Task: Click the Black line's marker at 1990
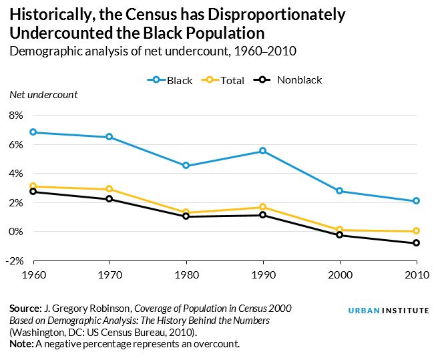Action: click(263, 151)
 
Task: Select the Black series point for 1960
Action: click(33, 132)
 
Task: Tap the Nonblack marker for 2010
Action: click(416, 243)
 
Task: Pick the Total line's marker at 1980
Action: click(186, 212)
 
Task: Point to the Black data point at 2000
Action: click(340, 191)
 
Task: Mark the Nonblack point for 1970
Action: click(110, 199)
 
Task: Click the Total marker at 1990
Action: click(263, 207)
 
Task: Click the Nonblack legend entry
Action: click(292, 80)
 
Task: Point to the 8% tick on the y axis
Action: click(16, 116)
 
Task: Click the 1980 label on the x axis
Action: click(186, 275)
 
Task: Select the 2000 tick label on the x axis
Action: click(340, 275)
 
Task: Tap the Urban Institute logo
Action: click(387, 311)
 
